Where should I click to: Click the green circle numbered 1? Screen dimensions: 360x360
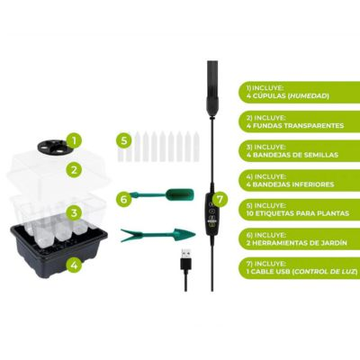point(75,140)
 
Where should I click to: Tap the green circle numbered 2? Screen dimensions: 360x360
point(74,170)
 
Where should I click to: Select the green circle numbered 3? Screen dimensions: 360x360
point(75,213)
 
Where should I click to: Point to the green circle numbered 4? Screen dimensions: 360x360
point(74,265)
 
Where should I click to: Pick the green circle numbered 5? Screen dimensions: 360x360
point(124,140)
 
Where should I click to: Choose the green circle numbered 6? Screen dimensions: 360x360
point(124,199)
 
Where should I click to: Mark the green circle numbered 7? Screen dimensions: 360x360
point(220,199)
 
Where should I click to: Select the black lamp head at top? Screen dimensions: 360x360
point(212,87)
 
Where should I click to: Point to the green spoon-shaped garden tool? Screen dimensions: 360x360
point(163,194)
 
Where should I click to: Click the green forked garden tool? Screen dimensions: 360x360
point(158,234)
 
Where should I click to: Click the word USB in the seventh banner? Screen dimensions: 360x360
point(282,272)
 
